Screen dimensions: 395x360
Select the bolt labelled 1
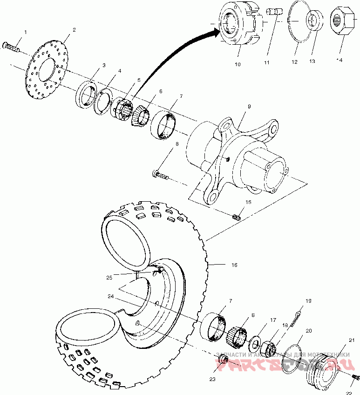(x=12, y=47)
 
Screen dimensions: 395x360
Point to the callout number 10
(x=238, y=64)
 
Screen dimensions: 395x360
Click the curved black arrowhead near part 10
(x=215, y=31)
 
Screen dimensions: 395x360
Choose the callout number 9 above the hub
(x=249, y=106)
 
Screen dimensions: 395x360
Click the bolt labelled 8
(x=160, y=175)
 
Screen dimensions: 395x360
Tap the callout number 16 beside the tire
(x=234, y=265)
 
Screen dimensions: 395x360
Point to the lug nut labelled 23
(x=223, y=361)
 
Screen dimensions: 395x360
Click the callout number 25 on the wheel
(x=109, y=278)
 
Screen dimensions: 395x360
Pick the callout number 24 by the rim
(x=110, y=296)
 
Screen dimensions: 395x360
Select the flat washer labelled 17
(x=255, y=344)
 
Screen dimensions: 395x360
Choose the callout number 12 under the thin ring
(x=294, y=61)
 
